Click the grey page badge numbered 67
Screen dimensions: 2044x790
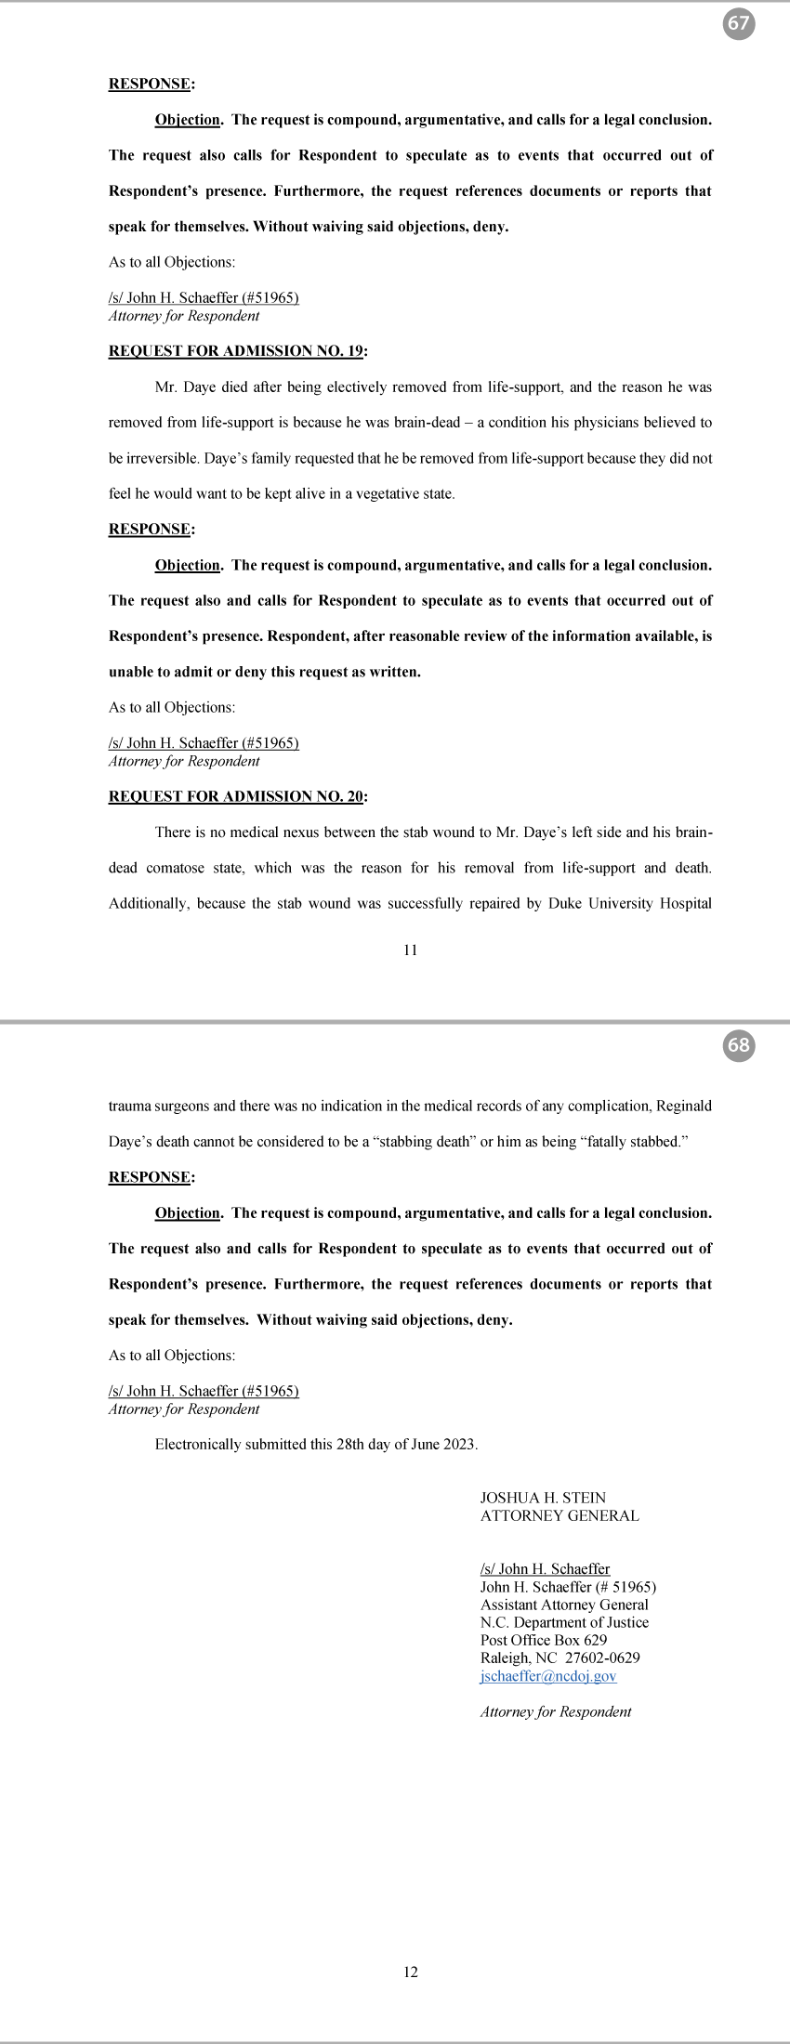[738, 24]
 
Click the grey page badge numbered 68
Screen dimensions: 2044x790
[738, 1045]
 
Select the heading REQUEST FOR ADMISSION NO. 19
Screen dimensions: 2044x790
[236, 351]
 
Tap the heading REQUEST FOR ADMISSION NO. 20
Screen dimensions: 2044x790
[236, 796]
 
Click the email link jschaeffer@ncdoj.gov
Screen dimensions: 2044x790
[548, 1676]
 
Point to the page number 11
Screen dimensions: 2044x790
[410, 950]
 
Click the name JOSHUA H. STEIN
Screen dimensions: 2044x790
[543, 1498]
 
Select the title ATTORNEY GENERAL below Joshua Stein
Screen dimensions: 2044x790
[560, 1515]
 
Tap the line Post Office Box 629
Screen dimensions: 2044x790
[544, 1640]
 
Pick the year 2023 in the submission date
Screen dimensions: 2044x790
[460, 1445]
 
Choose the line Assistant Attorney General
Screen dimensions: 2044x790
[564, 1605]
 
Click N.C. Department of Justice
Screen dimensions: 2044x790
[564, 1622]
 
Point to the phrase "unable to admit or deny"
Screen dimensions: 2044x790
[187, 672]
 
